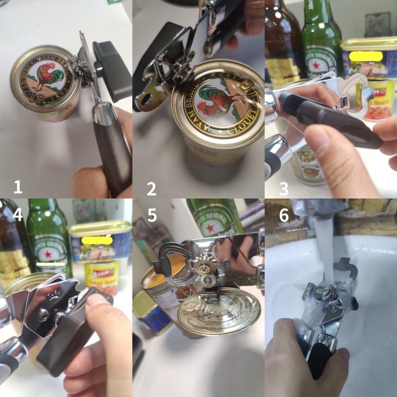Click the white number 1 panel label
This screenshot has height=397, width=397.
pos(18,187)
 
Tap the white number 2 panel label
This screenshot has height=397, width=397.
pos(151,189)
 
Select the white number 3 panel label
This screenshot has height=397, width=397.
pos(284,189)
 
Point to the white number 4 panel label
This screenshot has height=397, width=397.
pos(18,215)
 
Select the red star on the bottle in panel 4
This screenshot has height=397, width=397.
pos(48,255)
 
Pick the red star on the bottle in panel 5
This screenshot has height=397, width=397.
pos(211,228)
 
